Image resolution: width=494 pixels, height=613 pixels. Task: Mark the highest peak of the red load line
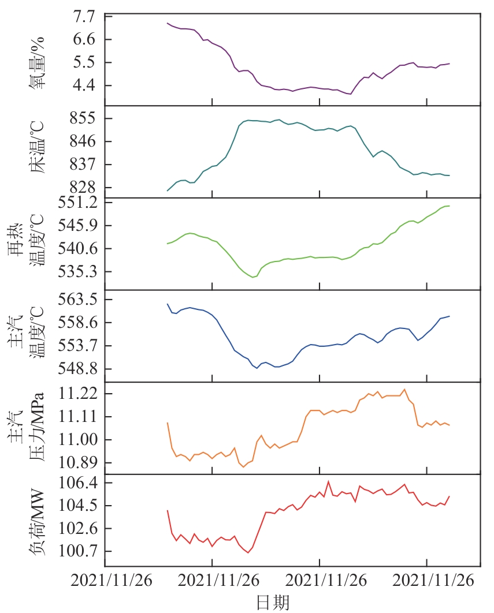coord(328,481)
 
